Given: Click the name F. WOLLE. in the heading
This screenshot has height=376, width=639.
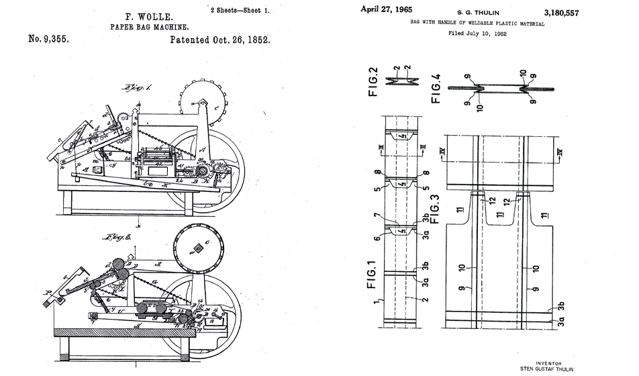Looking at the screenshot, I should point(139,15).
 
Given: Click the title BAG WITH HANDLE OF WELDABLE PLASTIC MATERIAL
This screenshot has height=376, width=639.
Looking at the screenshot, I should point(477,23).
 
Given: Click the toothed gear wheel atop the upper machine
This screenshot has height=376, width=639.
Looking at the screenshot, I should point(201,101).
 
